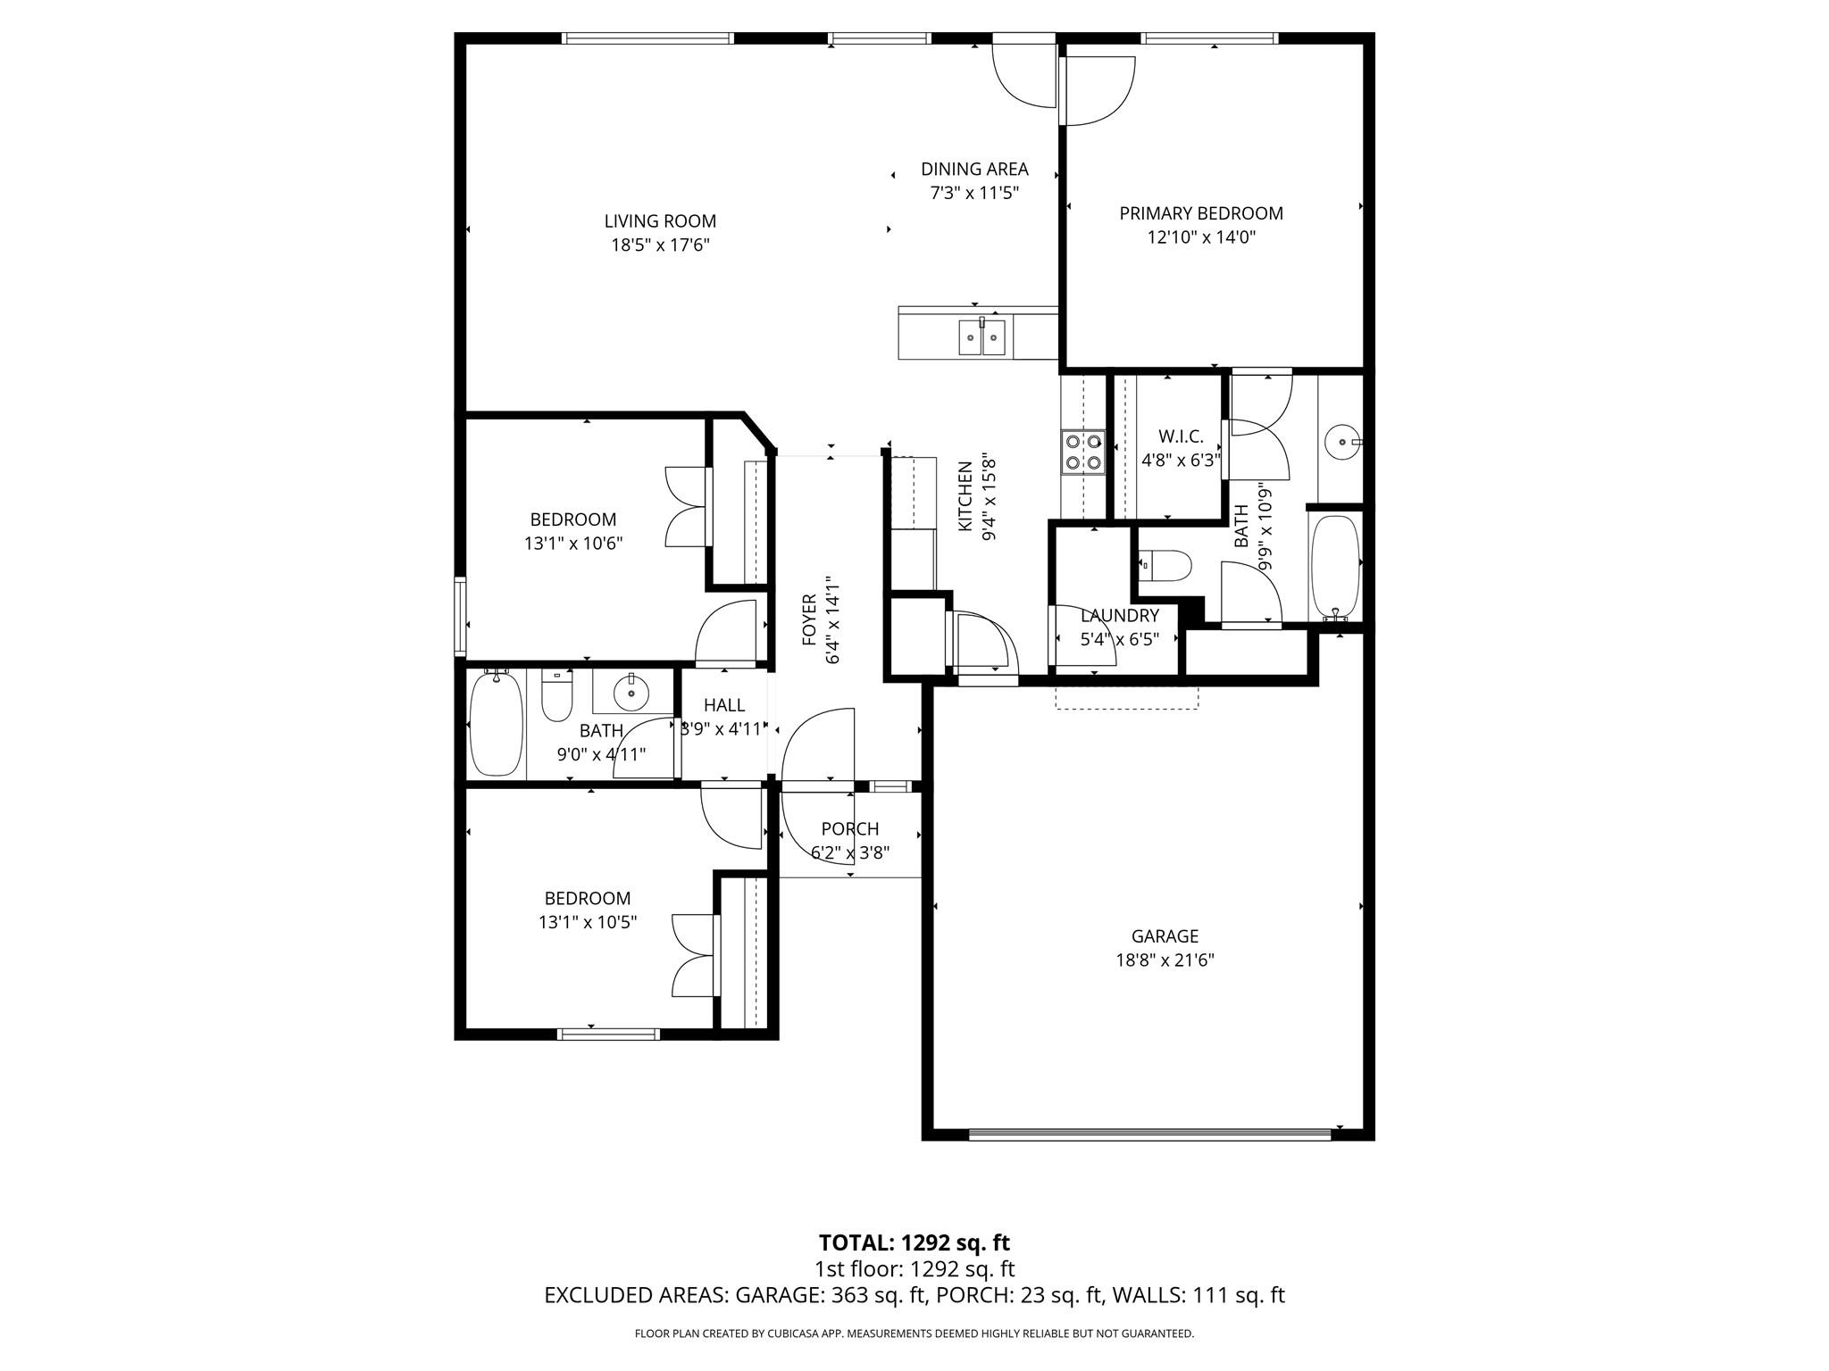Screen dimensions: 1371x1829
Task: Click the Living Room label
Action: pos(660,221)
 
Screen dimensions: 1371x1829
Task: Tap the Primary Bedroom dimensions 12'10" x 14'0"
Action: pos(1201,237)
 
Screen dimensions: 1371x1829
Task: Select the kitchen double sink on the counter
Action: pos(982,337)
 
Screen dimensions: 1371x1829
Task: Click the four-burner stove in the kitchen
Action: pos(1082,451)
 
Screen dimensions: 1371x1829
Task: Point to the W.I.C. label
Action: pos(1181,436)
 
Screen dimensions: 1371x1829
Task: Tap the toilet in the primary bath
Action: pos(1170,565)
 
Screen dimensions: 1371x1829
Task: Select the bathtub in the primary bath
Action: pos(1336,567)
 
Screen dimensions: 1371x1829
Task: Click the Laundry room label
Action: pos(1119,616)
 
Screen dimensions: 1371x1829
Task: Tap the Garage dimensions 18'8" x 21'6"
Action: pos(1165,960)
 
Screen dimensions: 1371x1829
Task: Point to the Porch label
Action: pos(850,829)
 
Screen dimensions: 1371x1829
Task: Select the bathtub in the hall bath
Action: pos(495,723)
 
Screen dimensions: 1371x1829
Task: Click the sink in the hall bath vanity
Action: pos(631,692)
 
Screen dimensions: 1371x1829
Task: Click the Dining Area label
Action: pos(974,170)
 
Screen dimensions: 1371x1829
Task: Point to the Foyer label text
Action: pos(810,619)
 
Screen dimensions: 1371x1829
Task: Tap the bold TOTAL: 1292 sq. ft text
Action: pos(914,1242)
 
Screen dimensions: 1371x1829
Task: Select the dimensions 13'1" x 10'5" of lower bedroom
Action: pos(587,923)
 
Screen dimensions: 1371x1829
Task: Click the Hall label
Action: pos(724,705)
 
